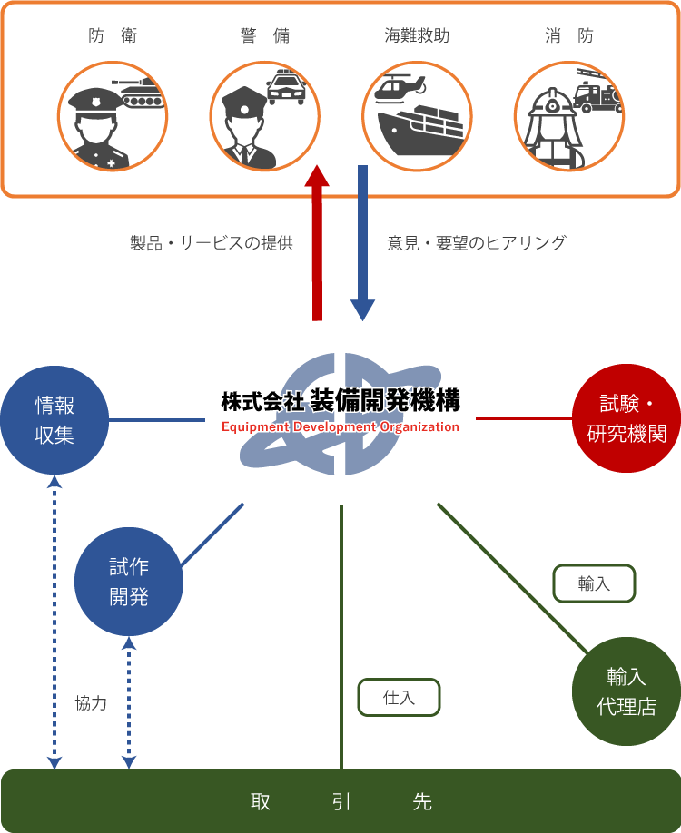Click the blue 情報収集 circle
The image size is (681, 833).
54,419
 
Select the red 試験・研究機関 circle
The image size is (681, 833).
627,418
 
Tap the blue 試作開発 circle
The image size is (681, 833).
128,582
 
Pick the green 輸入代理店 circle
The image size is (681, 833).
626,691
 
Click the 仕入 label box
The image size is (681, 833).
399,698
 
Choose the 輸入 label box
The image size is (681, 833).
594,583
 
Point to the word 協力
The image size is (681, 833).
91,702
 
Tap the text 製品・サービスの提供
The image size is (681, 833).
212,243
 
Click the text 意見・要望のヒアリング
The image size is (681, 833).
476,243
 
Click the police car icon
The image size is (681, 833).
287,87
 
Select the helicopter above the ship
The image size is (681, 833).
400,87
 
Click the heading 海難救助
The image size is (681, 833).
417,36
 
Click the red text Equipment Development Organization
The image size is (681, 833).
340,427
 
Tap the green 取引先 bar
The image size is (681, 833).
340,801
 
